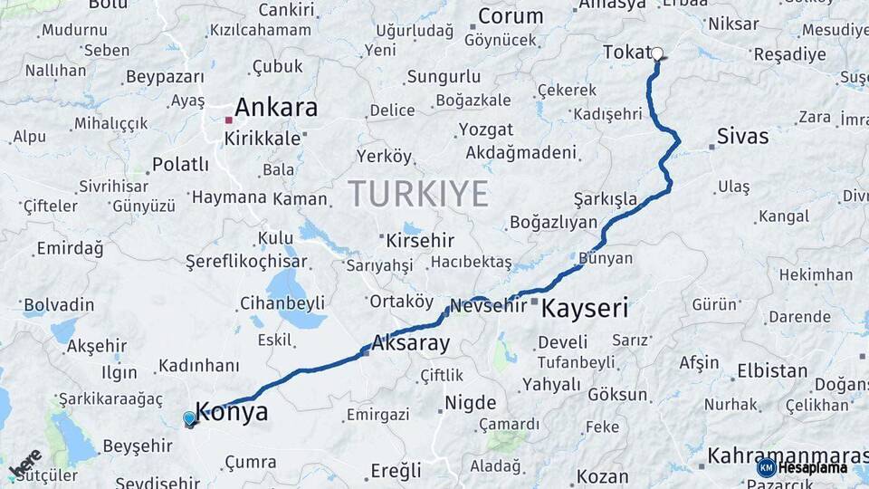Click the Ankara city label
pos(276,108)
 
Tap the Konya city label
pos(232,413)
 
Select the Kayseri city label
pos(584,309)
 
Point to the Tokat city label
pos(626,53)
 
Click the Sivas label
pos(742,137)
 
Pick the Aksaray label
pos(410,344)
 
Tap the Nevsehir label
pos(488,305)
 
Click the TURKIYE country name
pos(418,193)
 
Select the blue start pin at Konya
pos(189,418)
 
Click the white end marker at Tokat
pos(657,53)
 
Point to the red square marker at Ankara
pos(229,120)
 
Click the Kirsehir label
pos(420,241)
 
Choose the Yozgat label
pos(486,129)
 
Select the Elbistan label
pos(772,371)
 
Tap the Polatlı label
pos(180,165)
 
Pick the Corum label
pos(511,16)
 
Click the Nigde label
pos(471,403)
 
